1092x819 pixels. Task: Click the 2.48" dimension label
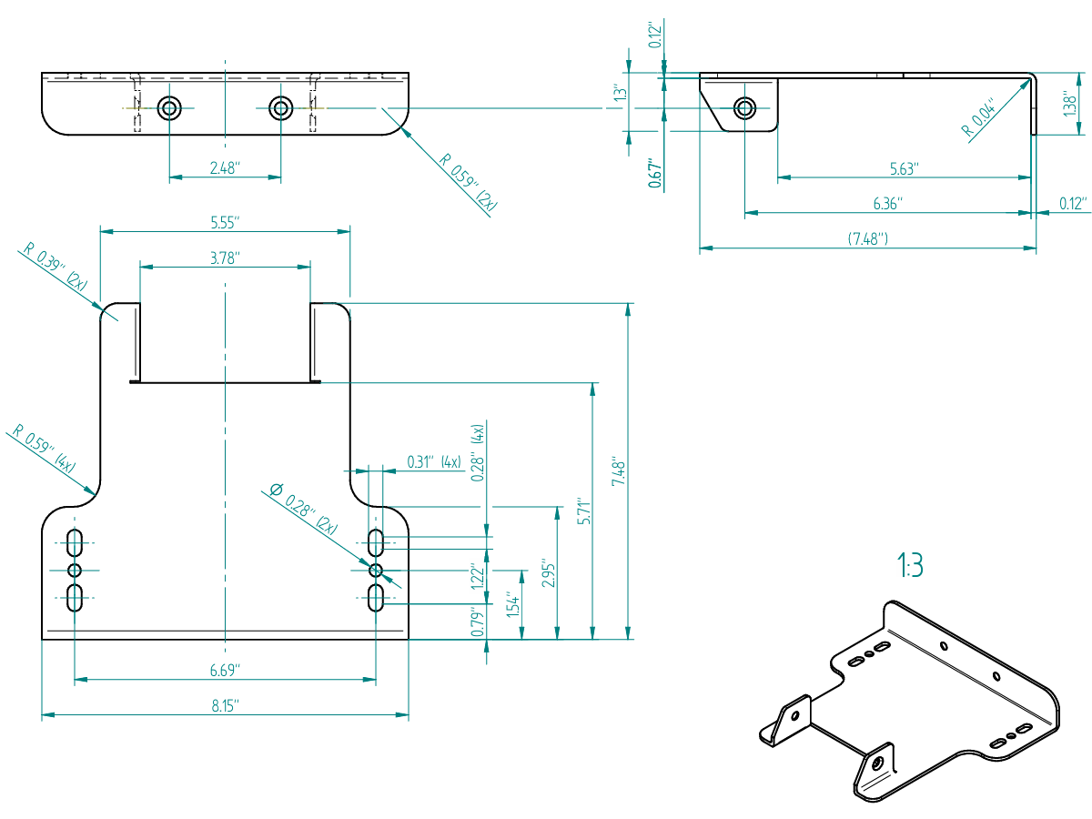[223, 167]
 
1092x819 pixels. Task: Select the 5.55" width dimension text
[224, 221]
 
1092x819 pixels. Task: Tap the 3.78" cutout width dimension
[224, 258]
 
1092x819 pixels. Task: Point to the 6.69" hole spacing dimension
[224, 670]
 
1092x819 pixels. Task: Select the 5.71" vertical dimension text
[585, 512]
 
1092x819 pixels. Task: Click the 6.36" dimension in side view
[888, 204]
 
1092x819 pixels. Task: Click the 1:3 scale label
[910, 566]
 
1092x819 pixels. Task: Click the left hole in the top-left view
[168, 108]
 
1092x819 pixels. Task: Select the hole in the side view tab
[744, 108]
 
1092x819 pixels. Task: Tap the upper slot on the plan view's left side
[75, 542]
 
